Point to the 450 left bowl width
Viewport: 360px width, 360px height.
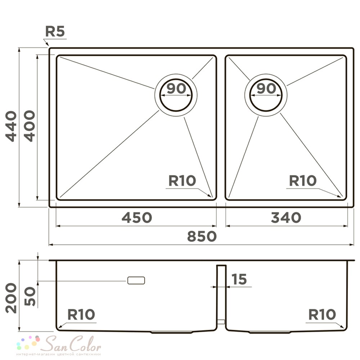(x=136, y=217)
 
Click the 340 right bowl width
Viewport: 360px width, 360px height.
(x=286, y=217)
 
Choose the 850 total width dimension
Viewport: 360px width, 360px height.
(x=202, y=236)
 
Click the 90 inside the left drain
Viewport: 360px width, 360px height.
(x=176, y=88)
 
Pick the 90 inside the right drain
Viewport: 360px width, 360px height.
(x=266, y=88)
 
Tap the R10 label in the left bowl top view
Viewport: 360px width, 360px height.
(x=182, y=180)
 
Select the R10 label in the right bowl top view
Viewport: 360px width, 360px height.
(x=303, y=180)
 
